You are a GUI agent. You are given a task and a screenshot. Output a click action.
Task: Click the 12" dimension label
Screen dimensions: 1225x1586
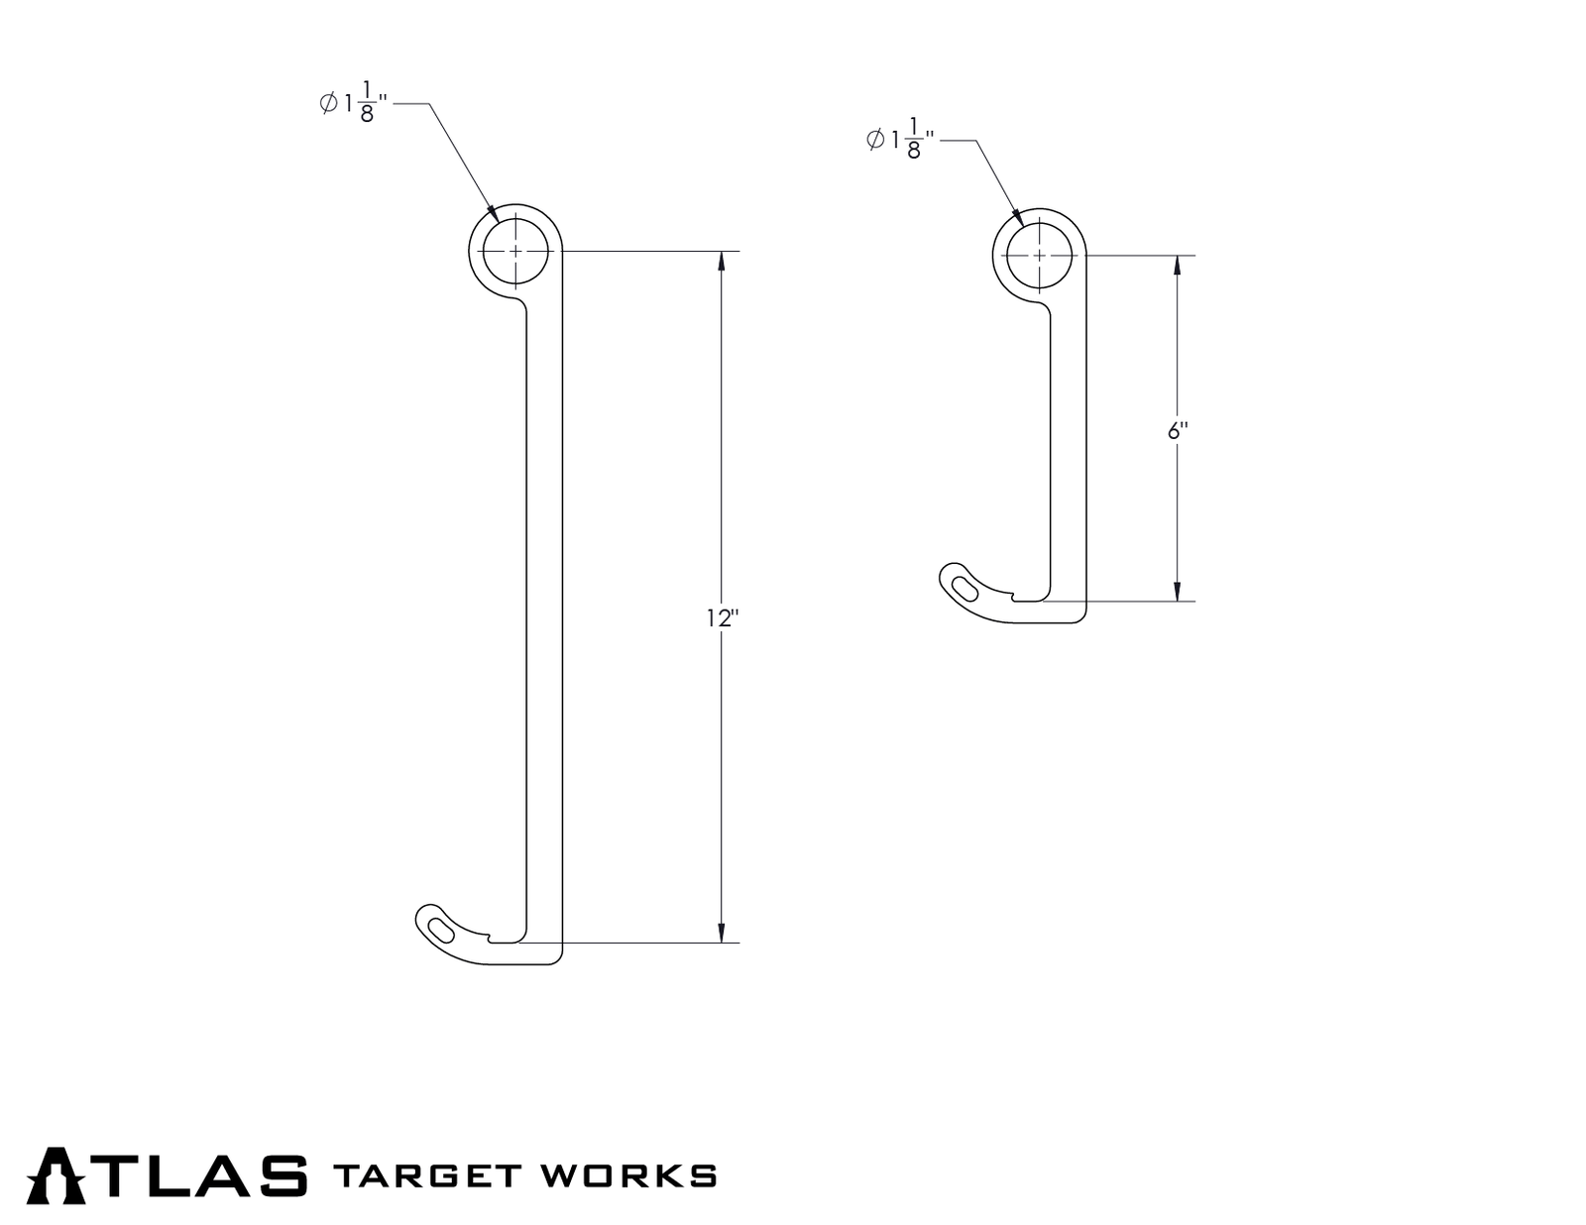[x=723, y=618]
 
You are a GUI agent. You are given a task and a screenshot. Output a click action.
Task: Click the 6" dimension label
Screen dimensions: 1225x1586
[x=1178, y=431]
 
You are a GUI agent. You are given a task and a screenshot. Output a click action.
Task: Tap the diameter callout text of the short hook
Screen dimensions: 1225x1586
[x=900, y=140]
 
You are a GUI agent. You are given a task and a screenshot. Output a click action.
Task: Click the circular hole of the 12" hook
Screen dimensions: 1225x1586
[x=515, y=252]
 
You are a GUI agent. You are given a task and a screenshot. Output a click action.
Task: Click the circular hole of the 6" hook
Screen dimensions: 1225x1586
[x=1039, y=255]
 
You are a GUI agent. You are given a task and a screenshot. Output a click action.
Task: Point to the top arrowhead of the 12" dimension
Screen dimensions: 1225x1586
[x=722, y=261]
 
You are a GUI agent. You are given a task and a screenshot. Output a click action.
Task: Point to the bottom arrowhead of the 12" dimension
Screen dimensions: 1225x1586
[x=722, y=933]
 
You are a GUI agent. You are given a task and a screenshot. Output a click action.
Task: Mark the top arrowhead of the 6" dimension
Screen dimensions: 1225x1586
[x=1177, y=265]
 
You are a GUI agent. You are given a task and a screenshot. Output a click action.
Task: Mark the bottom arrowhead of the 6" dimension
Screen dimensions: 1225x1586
[x=1177, y=592]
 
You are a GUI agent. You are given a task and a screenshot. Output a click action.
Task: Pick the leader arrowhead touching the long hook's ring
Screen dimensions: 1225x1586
[x=492, y=212]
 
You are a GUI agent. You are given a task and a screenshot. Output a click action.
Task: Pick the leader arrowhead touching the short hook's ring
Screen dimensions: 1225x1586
[x=1015, y=215]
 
